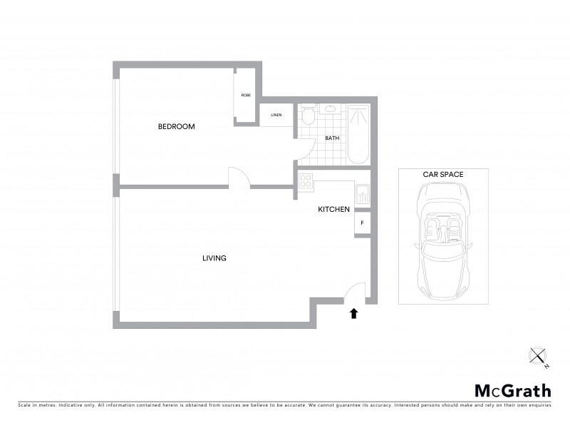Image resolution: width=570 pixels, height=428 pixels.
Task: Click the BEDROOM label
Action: [x=176, y=126]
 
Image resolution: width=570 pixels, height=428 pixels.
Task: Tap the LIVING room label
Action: [x=214, y=258]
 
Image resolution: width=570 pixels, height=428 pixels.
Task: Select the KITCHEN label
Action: [x=333, y=209]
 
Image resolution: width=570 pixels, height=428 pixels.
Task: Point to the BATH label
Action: [x=332, y=138]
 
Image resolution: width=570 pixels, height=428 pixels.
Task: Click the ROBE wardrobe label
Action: [x=246, y=95]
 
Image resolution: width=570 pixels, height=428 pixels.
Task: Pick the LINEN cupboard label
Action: [x=276, y=115]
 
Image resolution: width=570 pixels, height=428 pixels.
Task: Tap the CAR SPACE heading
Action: [x=442, y=174]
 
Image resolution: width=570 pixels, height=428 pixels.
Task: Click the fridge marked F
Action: [x=363, y=223]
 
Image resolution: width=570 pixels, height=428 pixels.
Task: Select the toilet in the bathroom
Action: [x=308, y=115]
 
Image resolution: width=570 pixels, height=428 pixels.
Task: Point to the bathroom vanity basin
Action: [x=330, y=109]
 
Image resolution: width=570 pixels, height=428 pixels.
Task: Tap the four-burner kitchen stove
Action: [x=306, y=181]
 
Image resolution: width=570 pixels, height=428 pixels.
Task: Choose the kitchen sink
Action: [x=362, y=193]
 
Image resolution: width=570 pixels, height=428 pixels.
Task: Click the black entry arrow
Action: [x=354, y=312]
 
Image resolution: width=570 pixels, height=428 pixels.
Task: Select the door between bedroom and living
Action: [x=238, y=178]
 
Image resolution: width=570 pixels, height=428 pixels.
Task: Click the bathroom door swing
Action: [x=306, y=149]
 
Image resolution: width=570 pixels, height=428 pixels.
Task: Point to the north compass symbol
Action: [x=539, y=355]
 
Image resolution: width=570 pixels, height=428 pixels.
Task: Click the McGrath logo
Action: [x=512, y=390]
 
